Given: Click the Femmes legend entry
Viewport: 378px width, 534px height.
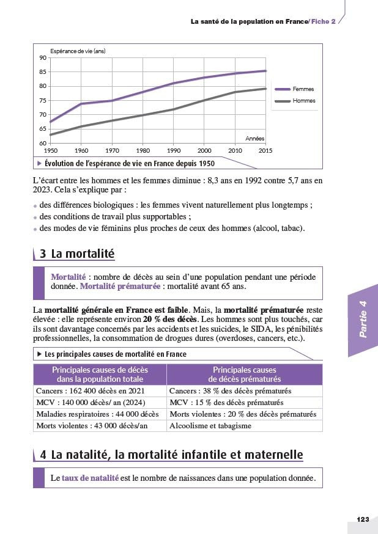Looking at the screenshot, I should coord(303,89).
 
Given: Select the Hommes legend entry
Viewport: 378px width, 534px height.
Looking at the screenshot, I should coord(304,101).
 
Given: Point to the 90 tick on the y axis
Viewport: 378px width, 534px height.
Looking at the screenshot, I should coord(43,57).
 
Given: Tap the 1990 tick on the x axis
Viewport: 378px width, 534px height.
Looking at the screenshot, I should coord(174,150).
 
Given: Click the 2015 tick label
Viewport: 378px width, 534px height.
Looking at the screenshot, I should coord(265,150).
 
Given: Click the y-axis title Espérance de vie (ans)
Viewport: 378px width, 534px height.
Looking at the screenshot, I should coord(78,51).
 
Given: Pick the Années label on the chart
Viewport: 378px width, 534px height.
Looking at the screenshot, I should coord(254,139).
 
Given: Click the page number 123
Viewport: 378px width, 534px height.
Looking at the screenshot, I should coord(363,519).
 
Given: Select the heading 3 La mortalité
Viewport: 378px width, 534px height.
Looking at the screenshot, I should coord(76,253).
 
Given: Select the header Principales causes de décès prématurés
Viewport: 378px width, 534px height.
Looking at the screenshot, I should coord(244,375).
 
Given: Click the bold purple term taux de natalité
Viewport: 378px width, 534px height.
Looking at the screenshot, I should coord(90,478).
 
